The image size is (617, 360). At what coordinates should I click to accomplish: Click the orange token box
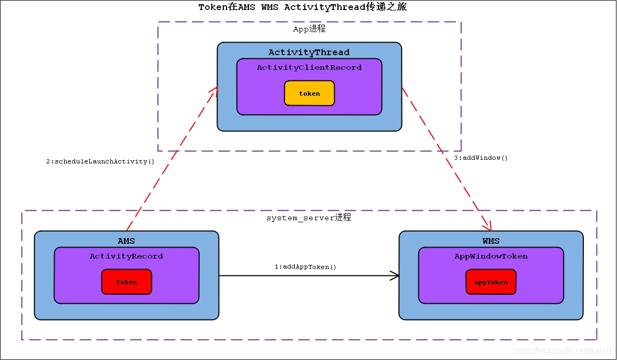(310, 94)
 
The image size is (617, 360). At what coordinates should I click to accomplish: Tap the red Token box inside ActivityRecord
(127, 282)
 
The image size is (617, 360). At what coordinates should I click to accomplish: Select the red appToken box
(491, 282)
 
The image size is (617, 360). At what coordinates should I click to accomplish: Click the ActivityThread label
(309, 52)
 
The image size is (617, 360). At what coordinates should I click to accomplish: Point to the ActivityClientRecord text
(309, 68)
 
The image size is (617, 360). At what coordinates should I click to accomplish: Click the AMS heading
(126, 241)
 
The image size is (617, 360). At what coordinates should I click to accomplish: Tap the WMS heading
(491, 241)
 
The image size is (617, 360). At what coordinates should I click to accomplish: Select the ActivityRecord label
(126, 256)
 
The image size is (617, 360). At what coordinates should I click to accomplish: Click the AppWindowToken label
(491, 256)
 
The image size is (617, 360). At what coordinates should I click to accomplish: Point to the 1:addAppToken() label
(305, 267)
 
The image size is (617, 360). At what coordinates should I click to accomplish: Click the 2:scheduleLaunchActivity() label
(100, 161)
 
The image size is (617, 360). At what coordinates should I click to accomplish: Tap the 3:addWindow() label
(481, 158)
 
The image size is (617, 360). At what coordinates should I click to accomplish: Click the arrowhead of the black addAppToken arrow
(395, 275)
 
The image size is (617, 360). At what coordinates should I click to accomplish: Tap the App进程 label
(309, 29)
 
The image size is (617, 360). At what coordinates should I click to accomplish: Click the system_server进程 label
(308, 218)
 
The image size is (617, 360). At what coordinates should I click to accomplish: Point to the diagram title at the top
(302, 7)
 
